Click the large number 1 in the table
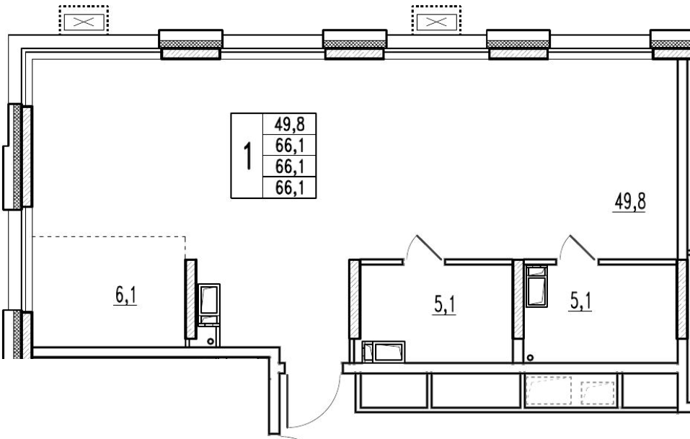[x=248, y=156]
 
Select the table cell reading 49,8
[x=290, y=124]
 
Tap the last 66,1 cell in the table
[x=290, y=188]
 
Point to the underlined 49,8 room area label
[x=629, y=203]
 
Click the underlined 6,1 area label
[x=126, y=295]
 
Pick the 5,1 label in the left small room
[x=445, y=305]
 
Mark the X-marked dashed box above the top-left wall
[x=84, y=20]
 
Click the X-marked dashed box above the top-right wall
[x=436, y=20]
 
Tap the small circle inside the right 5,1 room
[x=530, y=358]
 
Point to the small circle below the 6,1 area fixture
[x=211, y=341]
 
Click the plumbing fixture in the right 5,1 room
[x=536, y=286]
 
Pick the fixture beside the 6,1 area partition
[x=209, y=304]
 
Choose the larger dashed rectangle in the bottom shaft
[x=549, y=391]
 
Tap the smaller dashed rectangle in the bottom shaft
[x=597, y=393]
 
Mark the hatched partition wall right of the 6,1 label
[x=191, y=299]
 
